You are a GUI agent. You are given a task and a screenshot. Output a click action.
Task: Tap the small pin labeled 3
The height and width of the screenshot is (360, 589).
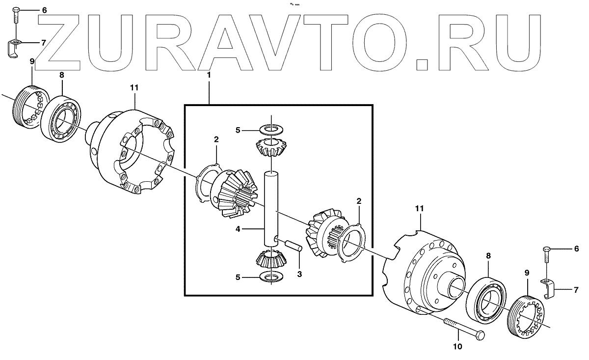click(293, 244)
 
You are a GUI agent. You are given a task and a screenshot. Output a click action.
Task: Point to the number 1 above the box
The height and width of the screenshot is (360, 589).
click(209, 75)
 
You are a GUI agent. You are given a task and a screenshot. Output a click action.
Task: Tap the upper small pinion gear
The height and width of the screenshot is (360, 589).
click(270, 147)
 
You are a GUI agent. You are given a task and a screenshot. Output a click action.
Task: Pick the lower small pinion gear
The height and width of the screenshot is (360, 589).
click(269, 258)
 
